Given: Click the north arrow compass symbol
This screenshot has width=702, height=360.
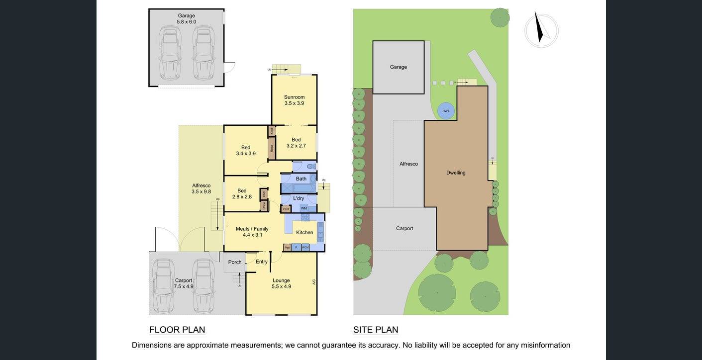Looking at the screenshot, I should click(541, 30).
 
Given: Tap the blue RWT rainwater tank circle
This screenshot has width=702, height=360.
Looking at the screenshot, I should click(446, 111).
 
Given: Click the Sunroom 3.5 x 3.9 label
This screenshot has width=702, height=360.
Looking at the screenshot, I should click(294, 100).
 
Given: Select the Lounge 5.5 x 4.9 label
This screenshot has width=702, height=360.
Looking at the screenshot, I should click(281, 283).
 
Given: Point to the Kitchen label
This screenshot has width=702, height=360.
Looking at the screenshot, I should click(304, 232).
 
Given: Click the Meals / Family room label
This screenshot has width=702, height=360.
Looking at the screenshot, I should click(252, 232).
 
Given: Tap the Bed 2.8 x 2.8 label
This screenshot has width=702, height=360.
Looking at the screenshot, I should click(242, 193).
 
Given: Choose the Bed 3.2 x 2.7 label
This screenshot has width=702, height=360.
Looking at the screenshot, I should click(296, 143).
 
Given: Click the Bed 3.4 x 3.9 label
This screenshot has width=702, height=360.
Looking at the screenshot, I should click(246, 150).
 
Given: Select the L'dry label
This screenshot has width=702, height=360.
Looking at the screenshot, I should click(299, 198).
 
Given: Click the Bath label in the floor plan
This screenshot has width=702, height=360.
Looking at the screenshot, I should click(301, 179).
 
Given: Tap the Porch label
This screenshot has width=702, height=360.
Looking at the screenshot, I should click(235, 262).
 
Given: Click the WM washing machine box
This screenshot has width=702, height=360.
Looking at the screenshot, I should click(303, 208).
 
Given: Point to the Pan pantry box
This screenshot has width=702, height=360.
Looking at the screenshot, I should click(287, 247).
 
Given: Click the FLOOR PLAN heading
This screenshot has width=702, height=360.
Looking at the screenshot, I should click(177, 330).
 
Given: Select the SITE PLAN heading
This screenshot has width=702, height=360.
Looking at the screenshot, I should click(376, 330).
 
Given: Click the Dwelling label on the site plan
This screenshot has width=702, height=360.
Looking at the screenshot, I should click(456, 173).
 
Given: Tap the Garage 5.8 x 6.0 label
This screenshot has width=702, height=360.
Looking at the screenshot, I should click(187, 18).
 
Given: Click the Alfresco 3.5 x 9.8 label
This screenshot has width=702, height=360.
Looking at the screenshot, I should click(201, 188).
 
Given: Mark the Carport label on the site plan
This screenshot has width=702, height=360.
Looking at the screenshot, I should click(404, 228).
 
